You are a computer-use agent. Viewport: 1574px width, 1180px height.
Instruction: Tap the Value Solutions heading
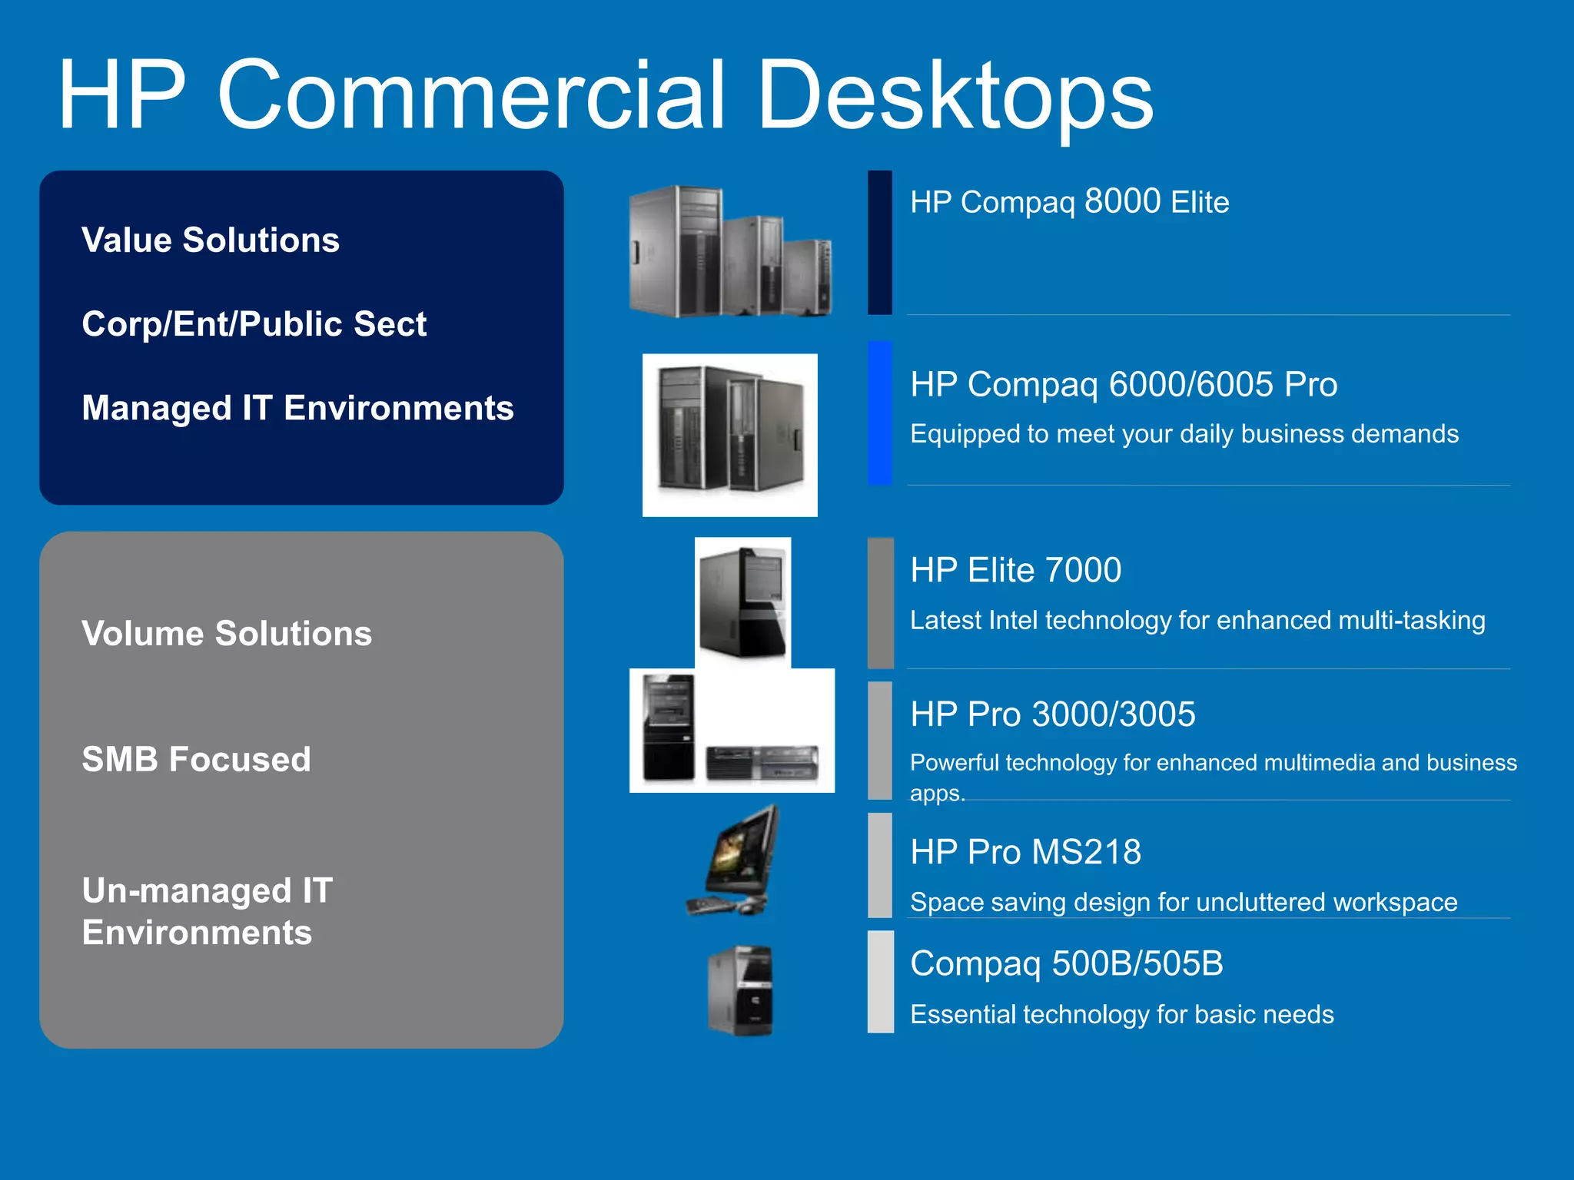coord(210,240)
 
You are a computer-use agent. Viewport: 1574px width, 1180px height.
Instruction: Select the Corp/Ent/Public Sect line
coord(254,323)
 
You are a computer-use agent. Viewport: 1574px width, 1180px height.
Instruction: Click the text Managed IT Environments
coord(297,407)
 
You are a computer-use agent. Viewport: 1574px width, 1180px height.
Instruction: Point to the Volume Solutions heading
coord(227,633)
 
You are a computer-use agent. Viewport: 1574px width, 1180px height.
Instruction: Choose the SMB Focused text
coord(196,759)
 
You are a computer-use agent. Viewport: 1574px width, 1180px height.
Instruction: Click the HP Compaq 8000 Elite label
coord(1069,202)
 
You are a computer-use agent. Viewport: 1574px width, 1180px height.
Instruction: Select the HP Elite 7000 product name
coord(1015,570)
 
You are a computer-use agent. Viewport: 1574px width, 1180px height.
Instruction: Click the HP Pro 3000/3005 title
coord(1052,714)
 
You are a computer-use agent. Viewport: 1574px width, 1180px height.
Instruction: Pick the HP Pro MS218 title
coord(1025,851)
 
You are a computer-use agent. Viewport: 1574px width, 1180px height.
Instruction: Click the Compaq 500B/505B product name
coord(1066,963)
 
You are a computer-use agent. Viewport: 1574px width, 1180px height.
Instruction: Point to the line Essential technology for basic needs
coord(1121,1014)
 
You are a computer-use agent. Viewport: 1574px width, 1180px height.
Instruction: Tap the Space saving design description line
coord(1183,901)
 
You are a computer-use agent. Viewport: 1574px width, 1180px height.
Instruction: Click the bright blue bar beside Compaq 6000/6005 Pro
coord(880,413)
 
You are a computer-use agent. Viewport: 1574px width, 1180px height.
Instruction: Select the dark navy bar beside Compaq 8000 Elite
coord(880,242)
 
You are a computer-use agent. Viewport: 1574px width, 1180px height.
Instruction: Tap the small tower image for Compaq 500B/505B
coord(741,989)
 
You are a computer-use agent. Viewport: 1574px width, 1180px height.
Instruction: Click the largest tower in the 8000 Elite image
coord(675,251)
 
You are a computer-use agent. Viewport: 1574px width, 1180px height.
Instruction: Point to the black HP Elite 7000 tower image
coord(742,602)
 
